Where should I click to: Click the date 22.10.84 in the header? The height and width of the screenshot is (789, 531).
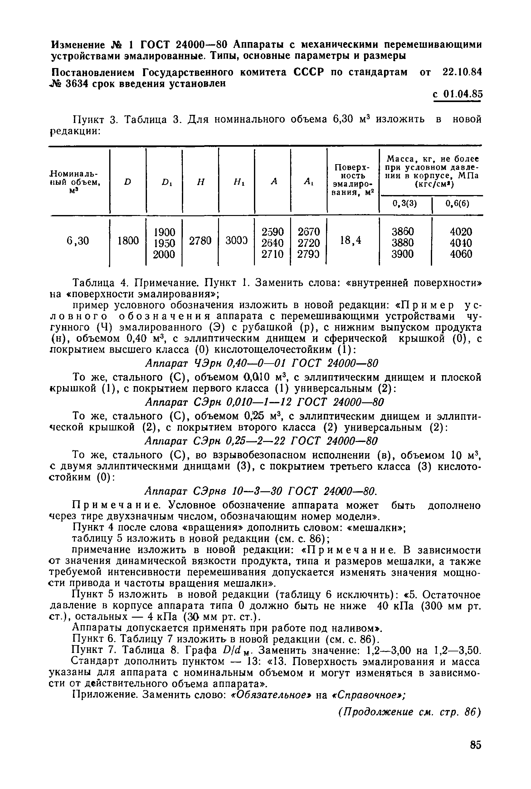tap(462, 72)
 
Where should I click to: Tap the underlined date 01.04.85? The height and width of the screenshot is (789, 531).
tap(463, 94)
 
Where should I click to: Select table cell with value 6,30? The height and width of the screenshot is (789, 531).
tap(78, 241)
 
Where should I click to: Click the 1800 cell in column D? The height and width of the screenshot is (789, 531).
tap(128, 241)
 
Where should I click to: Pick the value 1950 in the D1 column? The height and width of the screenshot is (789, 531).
tap(164, 243)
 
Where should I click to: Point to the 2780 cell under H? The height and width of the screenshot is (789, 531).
tap(200, 241)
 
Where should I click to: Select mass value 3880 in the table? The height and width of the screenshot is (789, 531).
tap(403, 243)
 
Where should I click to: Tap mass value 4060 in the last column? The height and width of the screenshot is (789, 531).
tap(460, 254)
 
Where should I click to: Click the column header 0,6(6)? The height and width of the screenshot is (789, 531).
tap(457, 203)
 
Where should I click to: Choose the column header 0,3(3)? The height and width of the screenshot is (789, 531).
tap(405, 203)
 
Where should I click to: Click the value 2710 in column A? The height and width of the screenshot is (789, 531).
tap(272, 254)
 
